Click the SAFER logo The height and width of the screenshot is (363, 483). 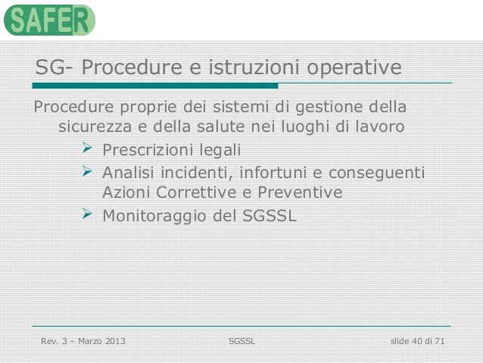(49, 20)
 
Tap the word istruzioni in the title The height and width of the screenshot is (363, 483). (247, 68)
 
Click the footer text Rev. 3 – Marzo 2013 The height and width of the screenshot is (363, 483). (83, 342)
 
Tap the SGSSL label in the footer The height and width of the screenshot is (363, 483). (241, 342)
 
